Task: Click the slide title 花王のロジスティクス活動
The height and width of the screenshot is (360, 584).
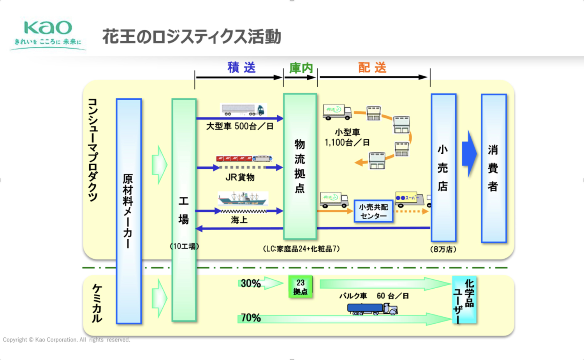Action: tap(191, 37)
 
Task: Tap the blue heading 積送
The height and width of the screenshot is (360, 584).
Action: tap(241, 67)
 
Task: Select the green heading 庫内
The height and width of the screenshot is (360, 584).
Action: tap(301, 68)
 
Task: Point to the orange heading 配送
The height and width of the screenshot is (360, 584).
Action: tap(372, 67)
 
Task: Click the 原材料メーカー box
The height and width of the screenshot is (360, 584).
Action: tap(128, 211)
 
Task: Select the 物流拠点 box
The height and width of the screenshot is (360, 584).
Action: tap(300, 166)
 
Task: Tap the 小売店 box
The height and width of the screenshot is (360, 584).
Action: tap(443, 168)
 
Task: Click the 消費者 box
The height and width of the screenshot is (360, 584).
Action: tap(493, 168)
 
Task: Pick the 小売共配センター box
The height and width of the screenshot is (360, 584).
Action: tap(373, 212)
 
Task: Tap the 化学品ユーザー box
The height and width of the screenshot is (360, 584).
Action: tap(464, 300)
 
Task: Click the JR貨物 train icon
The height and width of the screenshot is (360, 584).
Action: tap(244, 159)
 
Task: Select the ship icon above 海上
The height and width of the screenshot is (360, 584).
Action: tap(243, 198)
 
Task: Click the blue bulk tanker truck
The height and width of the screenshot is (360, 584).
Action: tap(372, 309)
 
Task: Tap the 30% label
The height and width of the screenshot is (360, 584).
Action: tap(250, 284)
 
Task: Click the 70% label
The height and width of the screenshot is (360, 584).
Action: tap(250, 318)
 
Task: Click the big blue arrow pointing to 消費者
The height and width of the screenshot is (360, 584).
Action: tap(470, 154)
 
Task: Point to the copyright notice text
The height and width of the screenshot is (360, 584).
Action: tap(66, 340)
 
